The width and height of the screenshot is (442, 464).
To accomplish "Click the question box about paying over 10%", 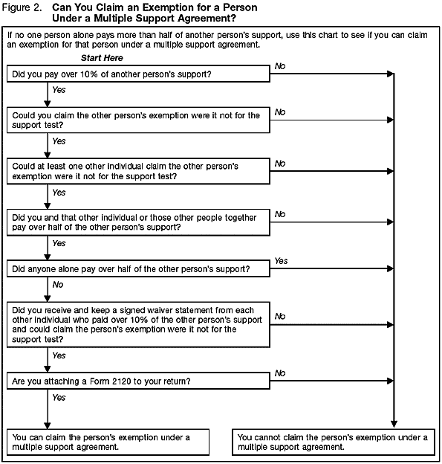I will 138,74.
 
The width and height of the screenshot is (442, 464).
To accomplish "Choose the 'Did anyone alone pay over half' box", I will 138,268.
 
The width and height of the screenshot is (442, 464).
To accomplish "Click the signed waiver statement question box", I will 138,323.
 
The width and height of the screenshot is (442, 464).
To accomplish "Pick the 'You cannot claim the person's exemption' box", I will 332,442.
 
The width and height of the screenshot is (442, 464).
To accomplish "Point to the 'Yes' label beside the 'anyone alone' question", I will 282,261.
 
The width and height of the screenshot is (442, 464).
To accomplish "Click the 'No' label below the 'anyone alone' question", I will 59,283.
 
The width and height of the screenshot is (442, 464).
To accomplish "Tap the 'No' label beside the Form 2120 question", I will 280,373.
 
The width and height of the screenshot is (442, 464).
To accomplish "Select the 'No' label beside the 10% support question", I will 280,65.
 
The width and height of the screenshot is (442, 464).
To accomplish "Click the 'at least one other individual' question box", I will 138,171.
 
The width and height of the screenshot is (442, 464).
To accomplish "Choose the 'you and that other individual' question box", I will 138,222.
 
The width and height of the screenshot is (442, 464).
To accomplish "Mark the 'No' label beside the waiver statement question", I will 280,316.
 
